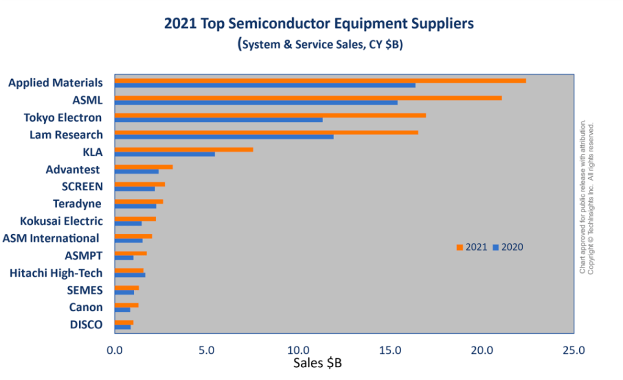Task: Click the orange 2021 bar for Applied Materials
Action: tap(320, 80)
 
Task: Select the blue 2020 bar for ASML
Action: tap(256, 102)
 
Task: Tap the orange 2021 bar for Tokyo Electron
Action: tap(270, 115)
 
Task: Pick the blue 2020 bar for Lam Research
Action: tap(224, 136)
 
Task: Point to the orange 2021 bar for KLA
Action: tap(184, 149)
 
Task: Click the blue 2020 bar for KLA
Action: tap(165, 154)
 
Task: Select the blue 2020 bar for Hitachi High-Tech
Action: tap(130, 275)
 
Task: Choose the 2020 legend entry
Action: tap(508, 247)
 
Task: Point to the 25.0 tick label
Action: tap(574, 350)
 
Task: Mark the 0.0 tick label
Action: tap(114, 350)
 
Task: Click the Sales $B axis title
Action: tap(318, 364)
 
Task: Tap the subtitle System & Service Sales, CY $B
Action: tap(318, 45)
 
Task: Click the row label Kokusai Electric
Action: tap(61, 221)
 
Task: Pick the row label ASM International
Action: tap(51, 238)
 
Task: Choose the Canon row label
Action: tap(86, 307)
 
